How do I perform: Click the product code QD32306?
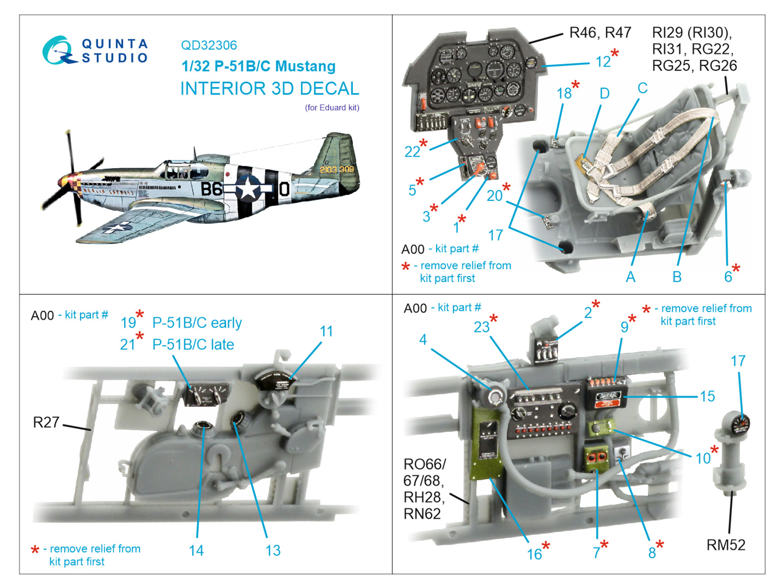pyautogui.click(x=209, y=46)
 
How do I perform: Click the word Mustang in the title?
pyautogui.click(x=305, y=67)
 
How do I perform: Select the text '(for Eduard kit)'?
pyautogui.click(x=332, y=107)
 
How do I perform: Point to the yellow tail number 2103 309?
pyautogui.click(x=337, y=169)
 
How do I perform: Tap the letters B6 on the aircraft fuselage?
pyautogui.click(x=212, y=189)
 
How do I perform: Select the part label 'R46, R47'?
pyautogui.click(x=600, y=33)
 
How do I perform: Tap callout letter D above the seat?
pyautogui.click(x=604, y=94)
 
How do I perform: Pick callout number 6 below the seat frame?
pyautogui.click(x=728, y=277)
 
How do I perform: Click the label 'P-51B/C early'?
pyautogui.click(x=197, y=323)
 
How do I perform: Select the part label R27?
pyautogui.click(x=46, y=422)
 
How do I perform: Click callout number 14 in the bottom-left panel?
pyautogui.click(x=196, y=550)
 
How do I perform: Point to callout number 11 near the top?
pyautogui.click(x=326, y=331)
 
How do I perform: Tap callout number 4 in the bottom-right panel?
pyautogui.click(x=423, y=340)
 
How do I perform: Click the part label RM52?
pyautogui.click(x=726, y=545)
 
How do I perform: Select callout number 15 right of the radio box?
pyautogui.click(x=707, y=396)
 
